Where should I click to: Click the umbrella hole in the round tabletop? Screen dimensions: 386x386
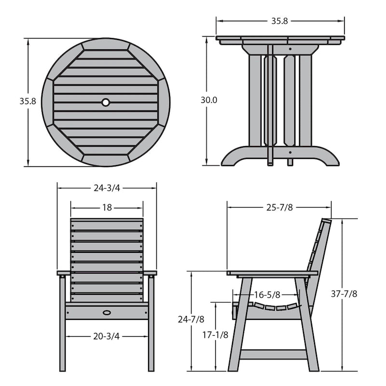point(106,102)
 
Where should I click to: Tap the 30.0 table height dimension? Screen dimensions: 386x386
point(209,100)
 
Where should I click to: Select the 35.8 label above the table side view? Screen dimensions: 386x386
point(279,21)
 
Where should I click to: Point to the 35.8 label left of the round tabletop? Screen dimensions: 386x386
point(28,101)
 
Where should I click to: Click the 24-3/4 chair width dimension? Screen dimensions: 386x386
point(107,188)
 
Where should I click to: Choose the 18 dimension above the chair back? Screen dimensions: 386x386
point(107,207)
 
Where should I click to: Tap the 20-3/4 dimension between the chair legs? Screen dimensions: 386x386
point(107,336)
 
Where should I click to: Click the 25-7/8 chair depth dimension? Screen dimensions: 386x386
point(280,207)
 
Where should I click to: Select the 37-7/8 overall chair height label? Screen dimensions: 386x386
point(347,293)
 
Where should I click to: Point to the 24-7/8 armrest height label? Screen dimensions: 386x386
point(191,319)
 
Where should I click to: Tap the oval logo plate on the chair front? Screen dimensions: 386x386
point(107,312)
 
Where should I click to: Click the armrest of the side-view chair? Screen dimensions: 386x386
point(273,273)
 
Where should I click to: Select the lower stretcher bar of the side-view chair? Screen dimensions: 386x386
point(273,354)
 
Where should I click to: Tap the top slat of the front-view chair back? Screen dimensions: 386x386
point(107,224)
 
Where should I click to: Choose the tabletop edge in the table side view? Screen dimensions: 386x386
point(280,38)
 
